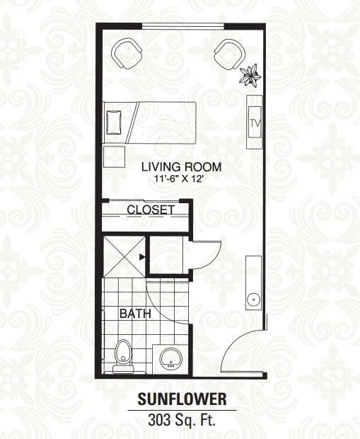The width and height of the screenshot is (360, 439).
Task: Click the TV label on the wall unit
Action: tap(255, 123)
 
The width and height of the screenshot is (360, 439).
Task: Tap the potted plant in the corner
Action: tap(250, 76)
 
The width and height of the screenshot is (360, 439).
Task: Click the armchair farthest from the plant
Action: tap(127, 54)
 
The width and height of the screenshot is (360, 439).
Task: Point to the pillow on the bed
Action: tap(114, 122)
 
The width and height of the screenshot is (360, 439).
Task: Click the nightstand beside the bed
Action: tap(114, 156)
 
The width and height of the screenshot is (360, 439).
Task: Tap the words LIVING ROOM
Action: tap(181, 167)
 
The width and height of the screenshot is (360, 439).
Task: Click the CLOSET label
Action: tap(151, 210)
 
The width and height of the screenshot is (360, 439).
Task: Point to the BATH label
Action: tap(135, 314)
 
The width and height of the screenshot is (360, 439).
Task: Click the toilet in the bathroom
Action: tap(122, 356)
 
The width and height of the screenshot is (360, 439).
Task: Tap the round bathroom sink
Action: tap(170, 359)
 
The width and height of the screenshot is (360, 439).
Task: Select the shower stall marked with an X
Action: tap(124, 257)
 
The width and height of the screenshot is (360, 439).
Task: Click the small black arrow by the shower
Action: tap(142, 257)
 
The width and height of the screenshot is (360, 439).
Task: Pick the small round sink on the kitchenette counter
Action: tap(254, 300)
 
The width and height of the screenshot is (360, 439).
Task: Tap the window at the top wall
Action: tap(183, 27)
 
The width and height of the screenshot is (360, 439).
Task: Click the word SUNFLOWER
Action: tap(182, 399)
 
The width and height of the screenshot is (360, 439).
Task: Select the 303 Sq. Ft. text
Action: tap(182, 420)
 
